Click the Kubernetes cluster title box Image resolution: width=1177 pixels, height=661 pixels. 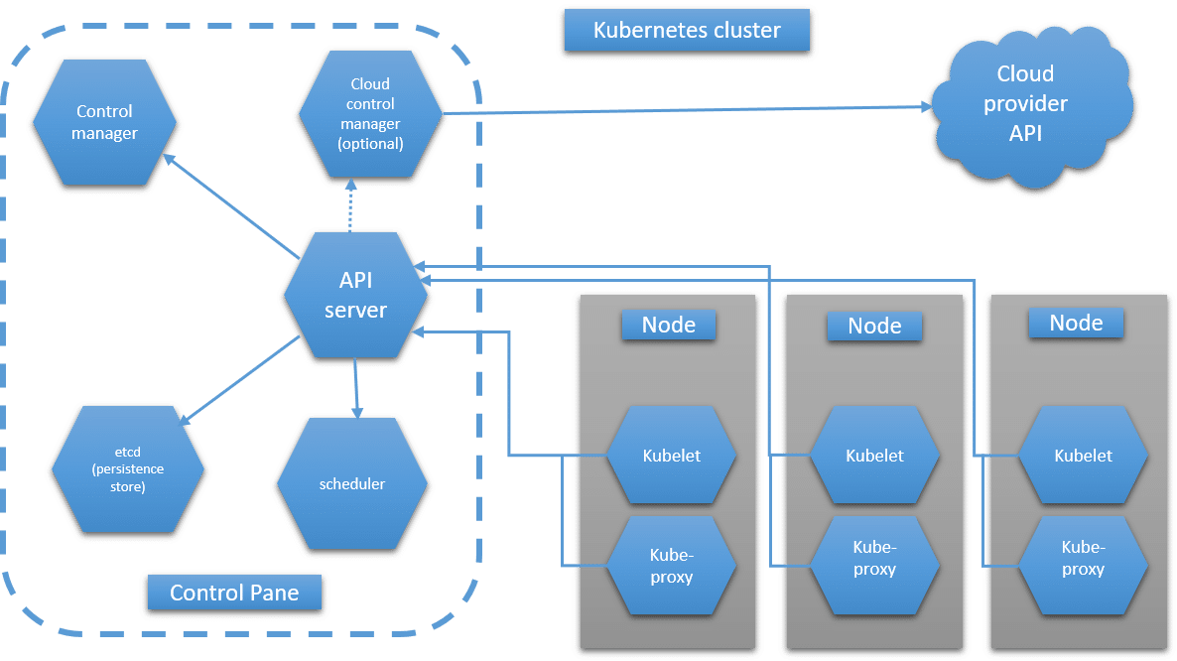pos(686,31)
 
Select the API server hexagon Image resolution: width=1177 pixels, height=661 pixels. pos(355,295)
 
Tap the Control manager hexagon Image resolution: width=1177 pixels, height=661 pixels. pos(104,122)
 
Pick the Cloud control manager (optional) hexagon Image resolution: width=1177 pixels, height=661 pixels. pos(370,114)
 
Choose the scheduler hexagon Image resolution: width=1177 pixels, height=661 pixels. pos(352,484)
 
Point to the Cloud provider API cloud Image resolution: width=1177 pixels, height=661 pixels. pos(1026,105)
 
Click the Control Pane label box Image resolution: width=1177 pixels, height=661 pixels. pos(234,594)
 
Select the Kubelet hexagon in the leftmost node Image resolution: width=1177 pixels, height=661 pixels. pos(671,457)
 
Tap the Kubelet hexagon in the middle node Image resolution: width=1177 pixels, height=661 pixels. pos(874,457)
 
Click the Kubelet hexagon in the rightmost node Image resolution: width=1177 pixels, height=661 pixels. pos(1083,457)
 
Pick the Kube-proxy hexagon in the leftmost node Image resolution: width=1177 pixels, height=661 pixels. pos(671,566)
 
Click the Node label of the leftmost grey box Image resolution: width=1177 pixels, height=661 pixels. pos(668,325)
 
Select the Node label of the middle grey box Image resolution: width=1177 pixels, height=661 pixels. pos(874,326)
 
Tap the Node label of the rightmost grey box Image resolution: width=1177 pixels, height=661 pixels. pos(1076,323)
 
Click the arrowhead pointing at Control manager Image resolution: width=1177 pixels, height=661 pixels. pos(170,157)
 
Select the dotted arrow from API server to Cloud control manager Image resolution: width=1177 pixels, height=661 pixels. pos(350,206)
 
